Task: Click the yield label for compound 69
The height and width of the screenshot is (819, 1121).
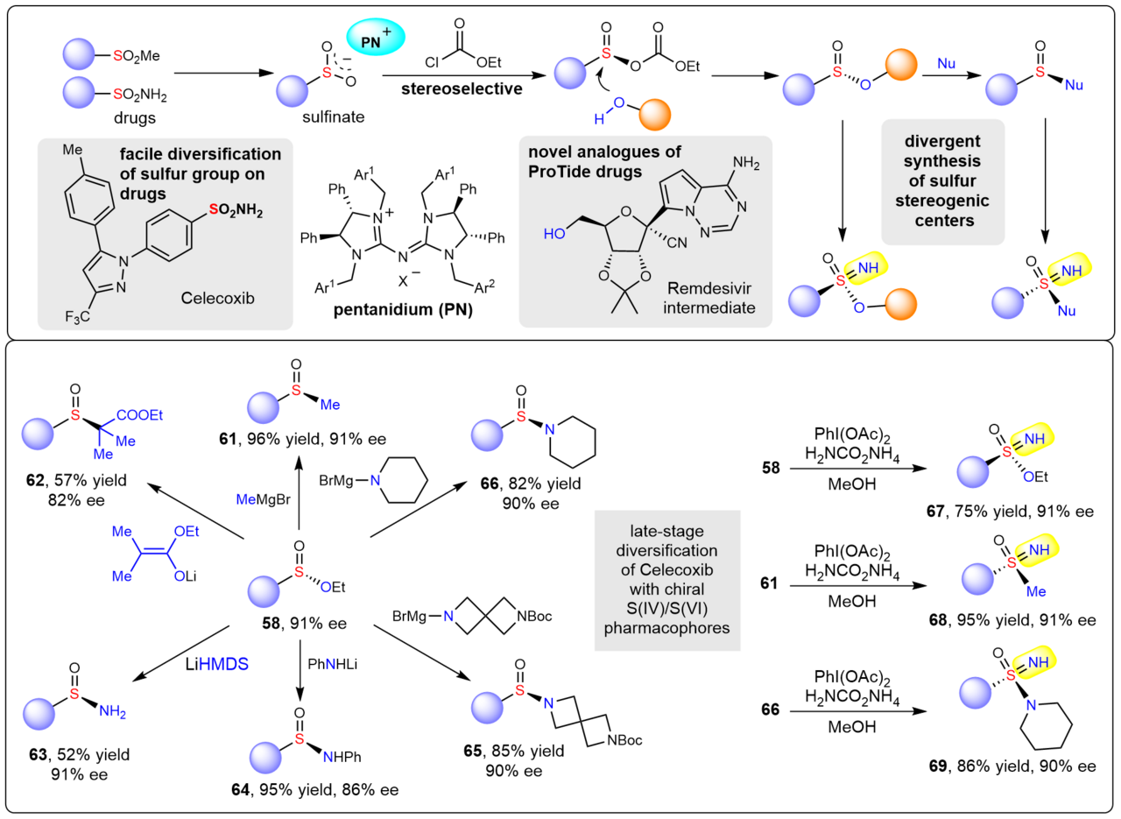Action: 1012,766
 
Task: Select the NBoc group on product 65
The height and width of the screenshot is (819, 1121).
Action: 623,741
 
